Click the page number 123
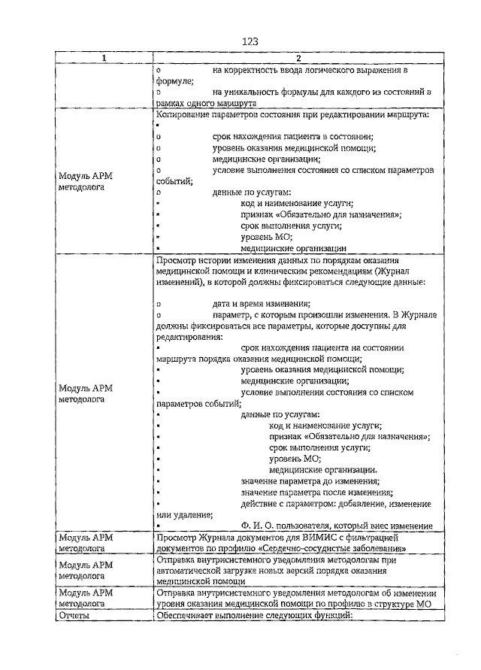(x=250, y=42)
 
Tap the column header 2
(x=298, y=59)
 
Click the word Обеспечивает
(x=186, y=615)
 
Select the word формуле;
(x=175, y=80)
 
